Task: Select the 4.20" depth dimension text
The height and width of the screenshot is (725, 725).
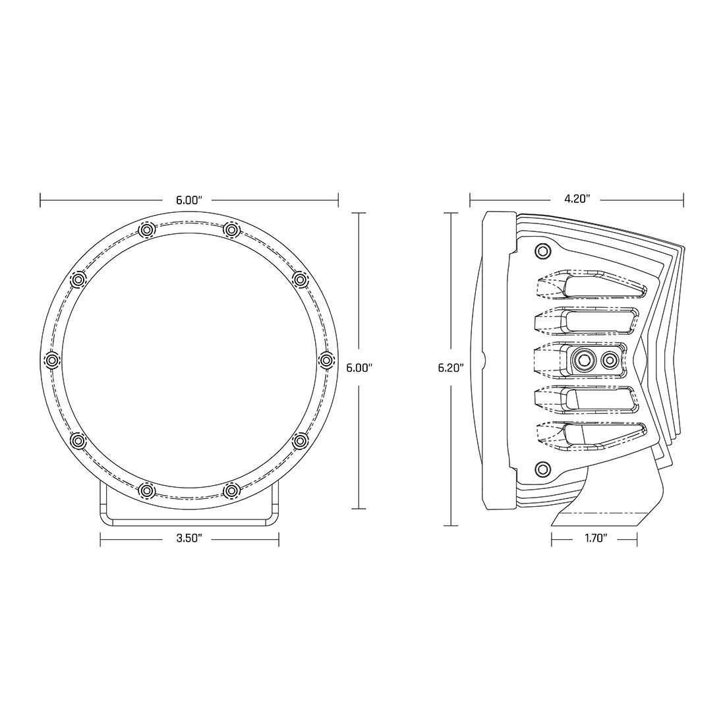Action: point(577,198)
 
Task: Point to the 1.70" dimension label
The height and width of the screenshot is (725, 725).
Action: point(594,540)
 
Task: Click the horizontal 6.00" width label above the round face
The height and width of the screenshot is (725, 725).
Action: point(189,198)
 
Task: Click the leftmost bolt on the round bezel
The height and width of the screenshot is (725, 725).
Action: point(51,360)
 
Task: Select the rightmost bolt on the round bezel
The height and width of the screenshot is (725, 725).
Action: point(327,360)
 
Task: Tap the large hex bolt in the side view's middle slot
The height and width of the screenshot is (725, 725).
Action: point(583,360)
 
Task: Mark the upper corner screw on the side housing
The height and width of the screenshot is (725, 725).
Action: point(542,251)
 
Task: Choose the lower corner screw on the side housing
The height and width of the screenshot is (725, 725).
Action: point(542,469)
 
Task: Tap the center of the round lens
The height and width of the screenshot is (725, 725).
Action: point(189,360)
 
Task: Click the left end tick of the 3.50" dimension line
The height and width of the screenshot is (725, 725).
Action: point(100,540)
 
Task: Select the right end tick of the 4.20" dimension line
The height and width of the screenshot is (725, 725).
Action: point(683,198)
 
